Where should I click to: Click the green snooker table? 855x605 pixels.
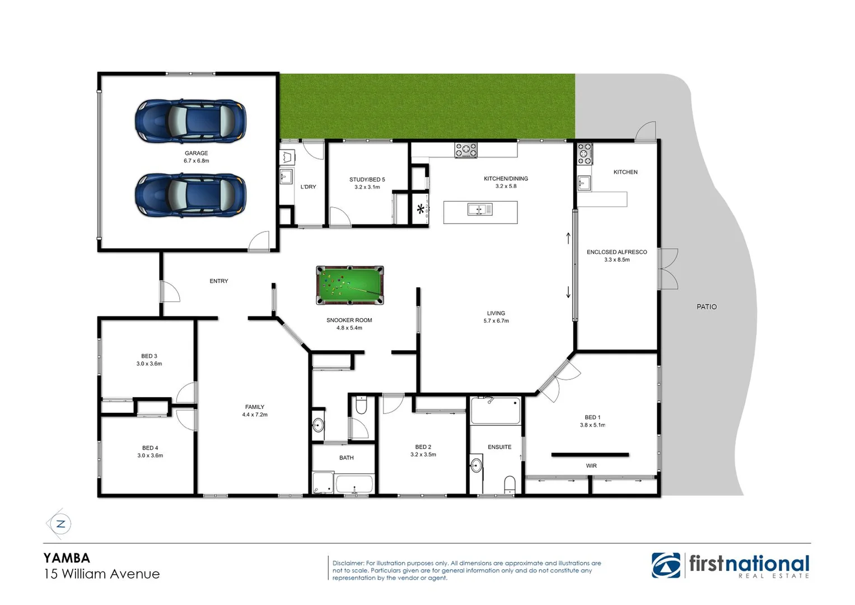pyautogui.click(x=350, y=285)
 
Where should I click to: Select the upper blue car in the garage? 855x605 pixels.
pyautogui.click(x=190, y=121)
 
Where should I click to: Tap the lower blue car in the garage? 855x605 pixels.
pyautogui.click(x=190, y=195)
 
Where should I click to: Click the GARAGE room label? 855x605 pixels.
pyautogui.click(x=196, y=153)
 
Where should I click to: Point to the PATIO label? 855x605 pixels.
pyautogui.click(x=706, y=307)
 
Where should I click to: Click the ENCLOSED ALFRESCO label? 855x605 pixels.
pyautogui.click(x=616, y=252)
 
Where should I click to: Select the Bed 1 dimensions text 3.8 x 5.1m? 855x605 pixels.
pyautogui.click(x=592, y=425)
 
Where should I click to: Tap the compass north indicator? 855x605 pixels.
pyautogui.click(x=60, y=524)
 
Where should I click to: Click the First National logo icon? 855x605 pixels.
pyautogui.click(x=666, y=565)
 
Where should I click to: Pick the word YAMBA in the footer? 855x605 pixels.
pyautogui.click(x=67, y=558)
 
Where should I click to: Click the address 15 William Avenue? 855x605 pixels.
pyautogui.click(x=102, y=574)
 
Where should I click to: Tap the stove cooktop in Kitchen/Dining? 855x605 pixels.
pyautogui.click(x=466, y=150)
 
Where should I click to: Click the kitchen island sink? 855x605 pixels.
pyautogui.click(x=479, y=210)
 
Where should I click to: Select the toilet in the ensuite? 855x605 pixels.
pyautogui.click(x=510, y=483)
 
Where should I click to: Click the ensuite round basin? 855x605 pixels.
pyautogui.click(x=476, y=465)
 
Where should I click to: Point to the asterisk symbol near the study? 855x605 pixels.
pyautogui.click(x=420, y=210)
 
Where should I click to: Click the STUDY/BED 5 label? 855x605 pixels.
pyautogui.click(x=367, y=180)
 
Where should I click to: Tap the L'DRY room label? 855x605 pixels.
pyautogui.click(x=308, y=187)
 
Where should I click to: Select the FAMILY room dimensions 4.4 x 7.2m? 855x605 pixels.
pyautogui.click(x=255, y=415)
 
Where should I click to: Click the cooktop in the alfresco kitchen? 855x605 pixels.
pyautogui.click(x=585, y=153)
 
